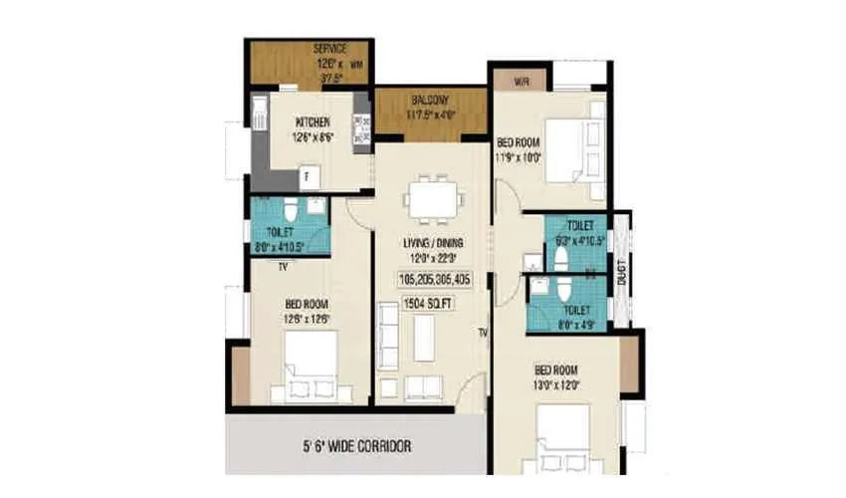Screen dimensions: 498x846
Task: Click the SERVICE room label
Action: pyautogui.click(x=329, y=48)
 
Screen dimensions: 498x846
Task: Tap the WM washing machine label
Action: pyautogui.click(x=354, y=64)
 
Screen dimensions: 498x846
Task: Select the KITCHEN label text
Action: pyautogui.click(x=313, y=124)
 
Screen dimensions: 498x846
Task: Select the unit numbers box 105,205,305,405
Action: pyautogui.click(x=432, y=279)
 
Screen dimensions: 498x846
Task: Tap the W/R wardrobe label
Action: pyautogui.click(x=521, y=80)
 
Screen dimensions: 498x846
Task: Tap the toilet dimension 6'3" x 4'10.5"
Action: pyautogui.click(x=578, y=239)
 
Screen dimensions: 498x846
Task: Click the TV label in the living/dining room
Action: pyautogui.click(x=482, y=332)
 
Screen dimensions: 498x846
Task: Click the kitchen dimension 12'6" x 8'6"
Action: pyautogui.click(x=313, y=138)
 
